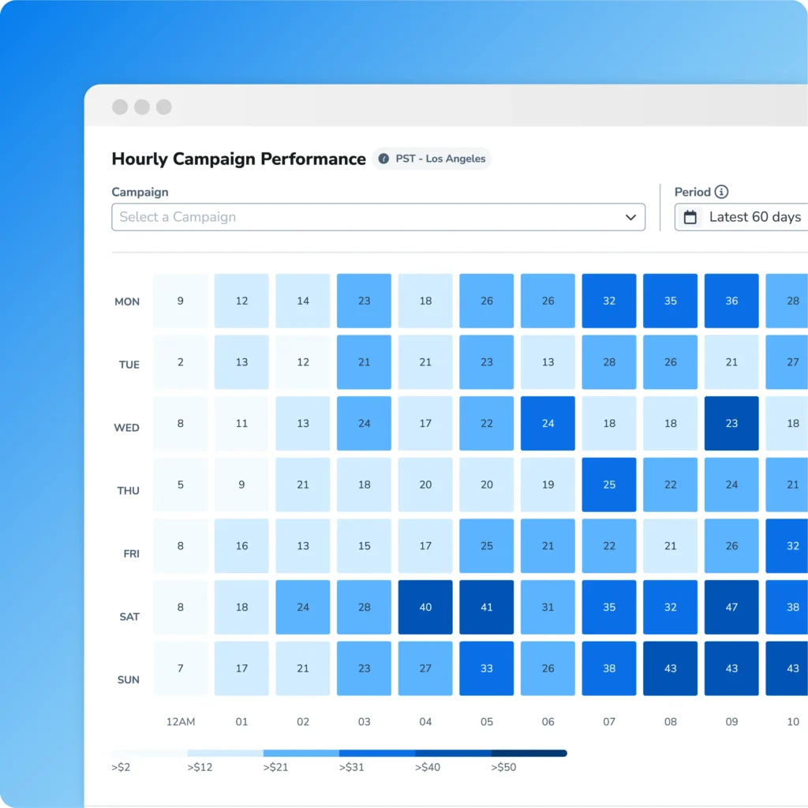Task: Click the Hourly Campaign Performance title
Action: click(x=238, y=159)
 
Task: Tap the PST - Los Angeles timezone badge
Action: click(x=432, y=159)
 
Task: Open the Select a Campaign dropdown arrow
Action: click(x=630, y=217)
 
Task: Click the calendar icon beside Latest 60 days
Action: click(x=690, y=217)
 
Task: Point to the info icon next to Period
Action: click(x=721, y=192)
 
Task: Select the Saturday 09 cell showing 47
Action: click(x=731, y=607)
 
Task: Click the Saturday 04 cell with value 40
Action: click(x=425, y=607)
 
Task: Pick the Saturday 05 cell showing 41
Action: click(x=487, y=607)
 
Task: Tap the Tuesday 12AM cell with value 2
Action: click(x=181, y=362)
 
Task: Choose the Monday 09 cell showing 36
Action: click(x=731, y=301)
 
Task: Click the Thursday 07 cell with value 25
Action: click(x=609, y=484)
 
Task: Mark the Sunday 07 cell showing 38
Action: click(x=609, y=668)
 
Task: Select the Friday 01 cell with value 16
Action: click(x=241, y=545)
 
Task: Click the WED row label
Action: click(x=126, y=428)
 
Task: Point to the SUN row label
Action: click(x=129, y=679)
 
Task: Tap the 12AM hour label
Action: click(x=181, y=721)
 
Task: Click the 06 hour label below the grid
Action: click(x=548, y=721)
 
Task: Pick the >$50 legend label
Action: click(x=503, y=767)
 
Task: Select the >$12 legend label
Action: click(x=200, y=767)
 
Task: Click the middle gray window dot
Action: click(x=142, y=107)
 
